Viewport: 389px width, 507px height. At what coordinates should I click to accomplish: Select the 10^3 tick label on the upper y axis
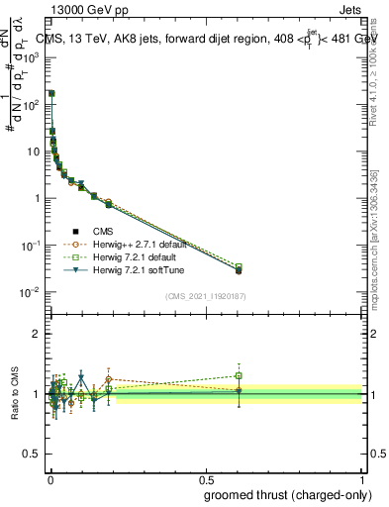(31, 57)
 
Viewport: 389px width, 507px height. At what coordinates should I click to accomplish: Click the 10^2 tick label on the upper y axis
(31, 104)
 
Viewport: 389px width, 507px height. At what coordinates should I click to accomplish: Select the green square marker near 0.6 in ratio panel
(239, 375)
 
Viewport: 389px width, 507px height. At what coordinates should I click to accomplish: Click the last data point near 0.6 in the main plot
(239, 269)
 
